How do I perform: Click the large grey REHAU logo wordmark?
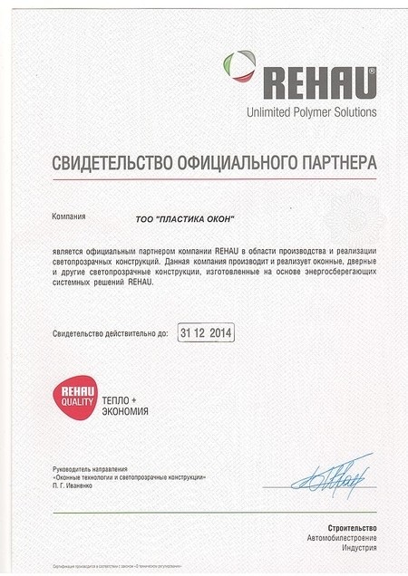(319, 82)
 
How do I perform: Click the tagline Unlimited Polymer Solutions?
(311, 112)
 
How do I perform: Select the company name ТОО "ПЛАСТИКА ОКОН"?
(185, 219)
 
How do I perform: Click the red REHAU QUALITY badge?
(72, 399)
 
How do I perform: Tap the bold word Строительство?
(352, 528)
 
